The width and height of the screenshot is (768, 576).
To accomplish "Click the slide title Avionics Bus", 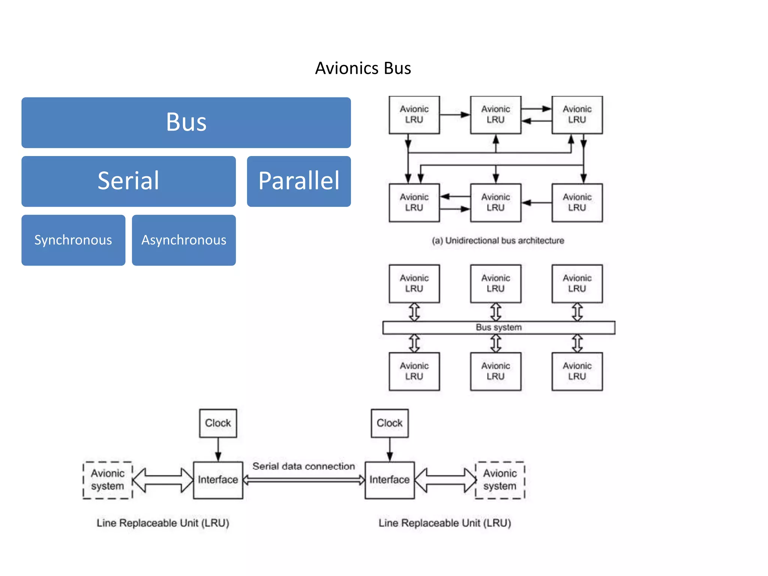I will (x=363, y=68).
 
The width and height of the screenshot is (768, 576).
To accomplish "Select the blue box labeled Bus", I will (x=186, y=122).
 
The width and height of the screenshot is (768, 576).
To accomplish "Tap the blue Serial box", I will (x=128, y=181).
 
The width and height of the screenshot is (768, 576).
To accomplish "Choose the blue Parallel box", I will (x=298, y=181).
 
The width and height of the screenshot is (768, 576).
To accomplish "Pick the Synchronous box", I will (x=73, y=240).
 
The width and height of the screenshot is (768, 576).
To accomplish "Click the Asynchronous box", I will (x=184, y=240).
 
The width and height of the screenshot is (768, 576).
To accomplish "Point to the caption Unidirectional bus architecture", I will (x=498, y=240).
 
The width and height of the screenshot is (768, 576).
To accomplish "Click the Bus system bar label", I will (x=498, y=327).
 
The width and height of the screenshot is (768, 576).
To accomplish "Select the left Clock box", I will (x=218, y=423).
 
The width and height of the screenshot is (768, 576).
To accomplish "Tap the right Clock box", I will (x=389, y=423).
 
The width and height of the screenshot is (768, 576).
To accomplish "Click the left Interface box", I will (x=218, y=480).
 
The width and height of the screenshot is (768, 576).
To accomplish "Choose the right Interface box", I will (x=389, y=480).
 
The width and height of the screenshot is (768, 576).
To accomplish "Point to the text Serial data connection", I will (x=303, y=466).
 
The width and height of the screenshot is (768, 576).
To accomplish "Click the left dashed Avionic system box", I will (x=108, y=480).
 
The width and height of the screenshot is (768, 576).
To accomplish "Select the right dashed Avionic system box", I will (x=500, y=480).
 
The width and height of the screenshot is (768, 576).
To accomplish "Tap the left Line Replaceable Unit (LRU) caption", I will (x=163, y=523).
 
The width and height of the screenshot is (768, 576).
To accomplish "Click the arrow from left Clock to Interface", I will (x=218, y=449).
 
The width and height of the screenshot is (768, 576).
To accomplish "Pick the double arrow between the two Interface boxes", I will (x=304, y=480).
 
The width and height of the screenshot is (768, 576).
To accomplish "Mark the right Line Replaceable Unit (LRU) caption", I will (x=445, y=523).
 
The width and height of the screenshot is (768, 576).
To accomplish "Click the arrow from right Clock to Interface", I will (x=390, y=449).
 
